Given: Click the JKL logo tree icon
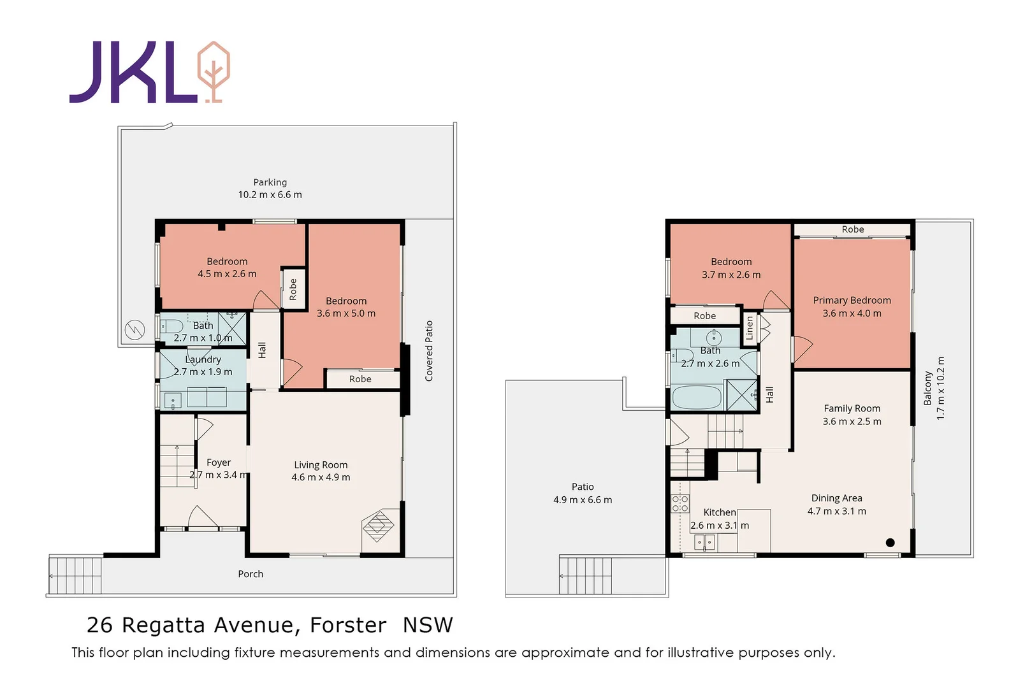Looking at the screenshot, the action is click(x=214, y=72).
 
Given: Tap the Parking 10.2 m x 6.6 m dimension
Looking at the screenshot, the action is click(x=270, y=195).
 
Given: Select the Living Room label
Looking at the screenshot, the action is click(x=321, y=465).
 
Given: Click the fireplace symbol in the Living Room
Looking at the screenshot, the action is click(x=378, y=526).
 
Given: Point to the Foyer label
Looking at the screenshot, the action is click(x=219, y=462).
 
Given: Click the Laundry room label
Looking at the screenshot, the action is click(x=203, y=360).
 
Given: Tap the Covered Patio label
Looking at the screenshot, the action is click(x=429, y=351).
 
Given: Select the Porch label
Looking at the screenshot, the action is click(x=251, y=574).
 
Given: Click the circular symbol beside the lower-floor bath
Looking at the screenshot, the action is click(x=135, y=330).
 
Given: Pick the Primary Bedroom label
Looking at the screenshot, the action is click(x=852, y=300).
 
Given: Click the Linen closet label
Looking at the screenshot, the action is click(x=750, y=328).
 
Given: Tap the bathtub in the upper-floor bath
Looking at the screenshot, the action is click(x=697, y=398).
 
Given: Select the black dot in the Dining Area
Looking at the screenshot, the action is click(x=890, y=543).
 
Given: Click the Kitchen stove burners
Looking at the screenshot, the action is click(x=680, y=503).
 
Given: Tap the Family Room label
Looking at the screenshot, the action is click(x=852, y=408).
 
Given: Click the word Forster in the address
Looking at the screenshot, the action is click(x=348, y=626).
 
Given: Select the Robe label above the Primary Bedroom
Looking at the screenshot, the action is click(x=853, y=229).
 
